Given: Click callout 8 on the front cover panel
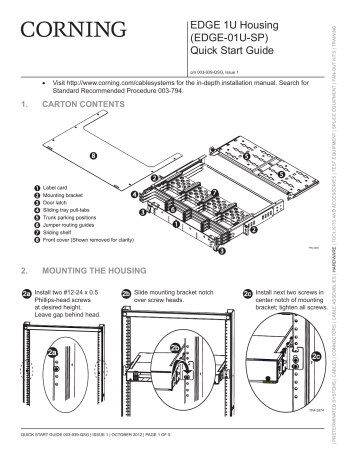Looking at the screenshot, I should (94, 157).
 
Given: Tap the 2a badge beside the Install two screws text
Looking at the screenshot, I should (27, 293).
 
